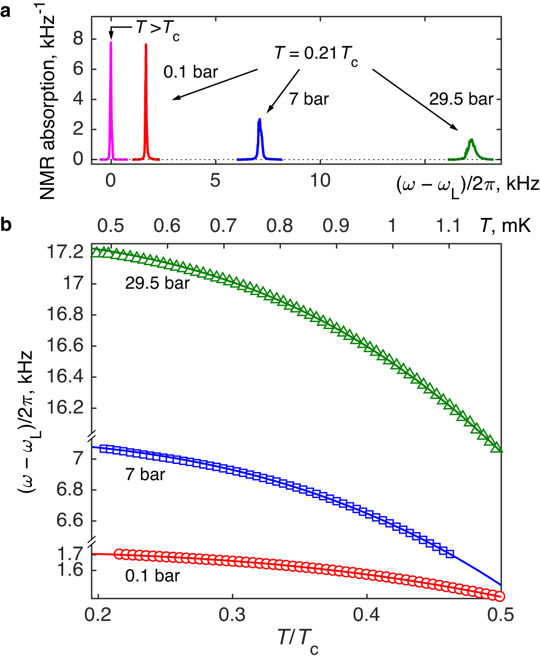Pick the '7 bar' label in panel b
[x=141, y=476]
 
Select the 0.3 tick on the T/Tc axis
[x=232, y=614]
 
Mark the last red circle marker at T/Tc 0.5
[x=500, y=596]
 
